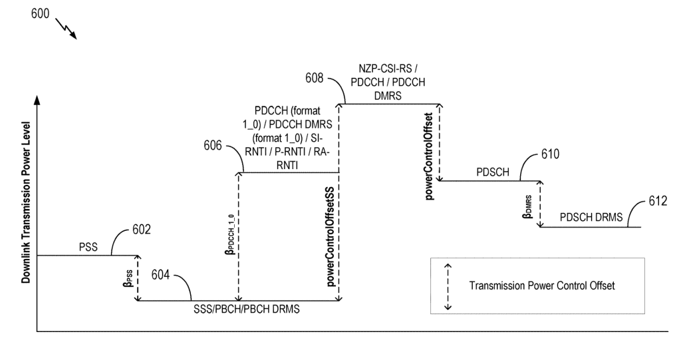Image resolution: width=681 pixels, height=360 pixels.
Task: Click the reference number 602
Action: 140,230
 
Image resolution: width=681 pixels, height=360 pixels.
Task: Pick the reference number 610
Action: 551,154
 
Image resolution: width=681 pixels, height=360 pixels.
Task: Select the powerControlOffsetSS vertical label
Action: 331,236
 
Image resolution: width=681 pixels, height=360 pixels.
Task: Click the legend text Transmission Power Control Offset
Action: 542,286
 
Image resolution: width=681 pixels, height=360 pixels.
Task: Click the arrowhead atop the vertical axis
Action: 37,99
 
